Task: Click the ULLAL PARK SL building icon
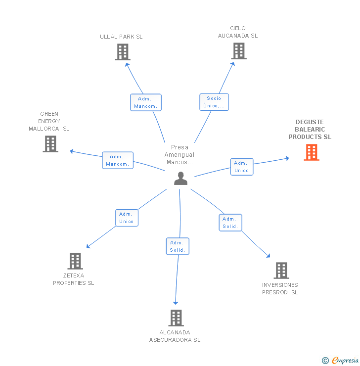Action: coord(123,52)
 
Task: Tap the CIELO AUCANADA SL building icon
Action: coord(238,50)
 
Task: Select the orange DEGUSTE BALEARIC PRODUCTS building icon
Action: coord(311,152)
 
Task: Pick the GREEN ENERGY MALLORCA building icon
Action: coord(50,144)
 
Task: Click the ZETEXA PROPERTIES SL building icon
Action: coord(75,261)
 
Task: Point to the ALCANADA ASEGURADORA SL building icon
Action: coord(176,318)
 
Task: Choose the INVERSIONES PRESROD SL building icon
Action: coord(281,271)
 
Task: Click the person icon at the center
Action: coord(180,179)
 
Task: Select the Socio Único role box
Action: coord(214,102)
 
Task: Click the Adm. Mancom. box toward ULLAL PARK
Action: coord(146,102)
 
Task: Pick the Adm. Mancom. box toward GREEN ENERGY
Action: coord(118,160)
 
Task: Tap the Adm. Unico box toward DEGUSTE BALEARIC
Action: coord(242,167)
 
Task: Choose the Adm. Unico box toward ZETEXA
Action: coord(127,218)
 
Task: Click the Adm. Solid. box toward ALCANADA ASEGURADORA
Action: coord(177,246)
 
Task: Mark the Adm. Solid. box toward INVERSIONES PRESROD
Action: coord(230,223)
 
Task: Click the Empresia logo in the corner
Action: coord(345,361)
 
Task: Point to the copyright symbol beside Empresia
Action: coord(325,361)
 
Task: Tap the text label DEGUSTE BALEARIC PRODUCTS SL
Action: coord(310,130)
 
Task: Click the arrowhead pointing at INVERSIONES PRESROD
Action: coord(269,256)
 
